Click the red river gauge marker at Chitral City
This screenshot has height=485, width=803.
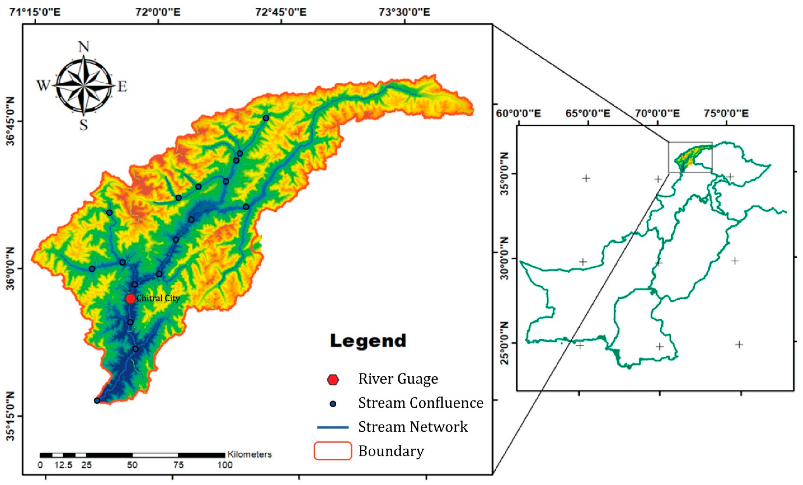[131, 299]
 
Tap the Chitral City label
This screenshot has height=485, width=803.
[158, 298]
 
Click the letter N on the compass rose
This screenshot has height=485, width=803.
[84, 47]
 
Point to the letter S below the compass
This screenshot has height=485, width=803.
[84, 125]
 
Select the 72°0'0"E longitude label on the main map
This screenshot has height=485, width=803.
[158, 12]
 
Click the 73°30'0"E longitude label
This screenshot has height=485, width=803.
[404, 12]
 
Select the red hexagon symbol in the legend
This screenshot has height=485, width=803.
[333, 380]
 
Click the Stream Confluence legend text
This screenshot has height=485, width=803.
[421, 403]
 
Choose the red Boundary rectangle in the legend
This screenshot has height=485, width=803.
[333, 451]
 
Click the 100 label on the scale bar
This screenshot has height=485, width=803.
[225, 465]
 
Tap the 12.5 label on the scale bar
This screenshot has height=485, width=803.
[63, 465]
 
